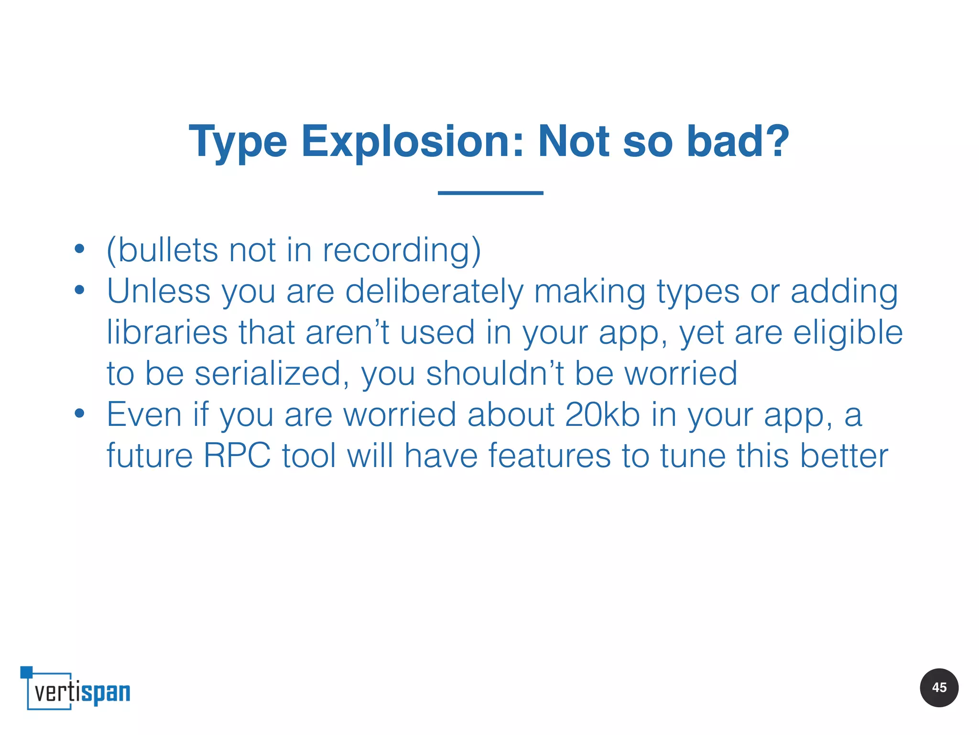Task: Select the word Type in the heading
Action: pyautogui.click(x=238, y=143)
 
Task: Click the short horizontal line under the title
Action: pyautogui.click(x=490, y=193)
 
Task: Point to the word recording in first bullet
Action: pyautogui.click(x=402, y=250)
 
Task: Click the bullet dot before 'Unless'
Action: pyautogui.click(x=79, y=290)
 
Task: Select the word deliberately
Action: pyautogui.click(x=434, y=291)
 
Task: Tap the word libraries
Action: pyautogui.click(x=167, y=333)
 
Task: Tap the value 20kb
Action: pyautogui.click(x=602, y=414)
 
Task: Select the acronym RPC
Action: pyautogui.click(x=237, y=456)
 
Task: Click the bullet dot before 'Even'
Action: pyautogui.click(x=79, y=413)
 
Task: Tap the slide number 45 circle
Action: pyautogui.click(x=939, y=688)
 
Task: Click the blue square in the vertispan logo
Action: pyautogui.click(x=26, y=672)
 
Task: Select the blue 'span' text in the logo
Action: pyautogui.click(x=106, y=693)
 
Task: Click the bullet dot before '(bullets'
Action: pyautogui.click(x=79, y=248)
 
